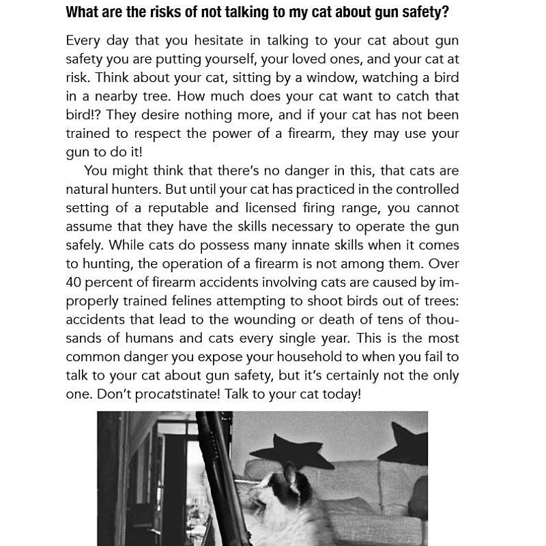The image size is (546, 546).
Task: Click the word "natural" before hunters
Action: pyautogui.click(x=89, y=189)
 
